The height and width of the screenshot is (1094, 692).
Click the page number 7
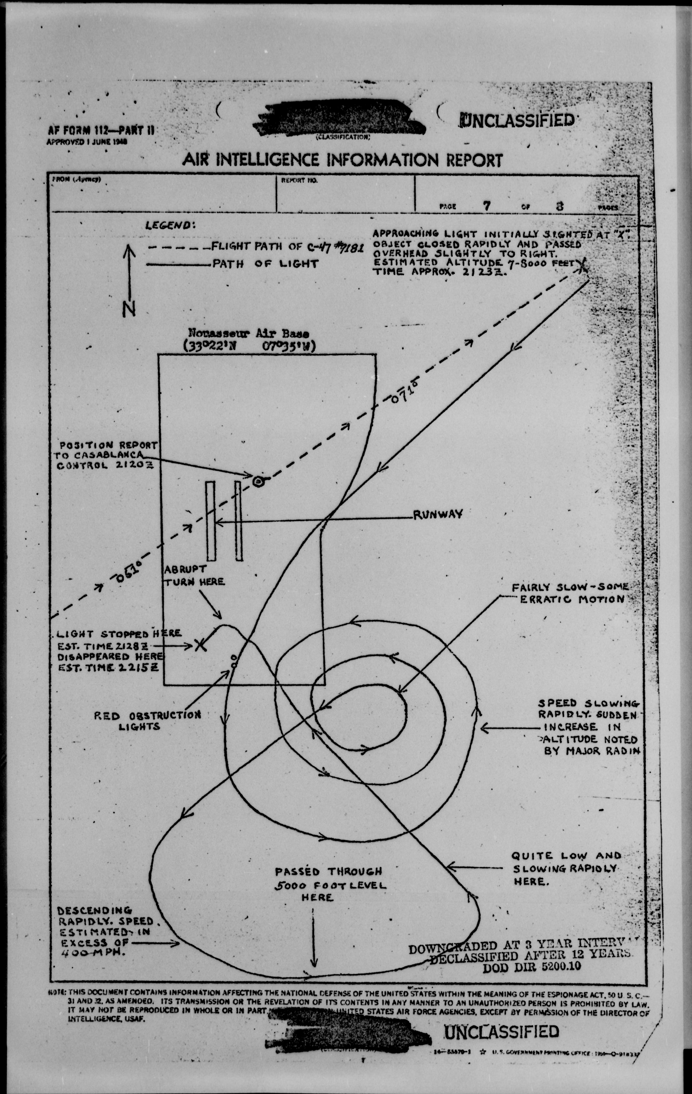pos(487,206)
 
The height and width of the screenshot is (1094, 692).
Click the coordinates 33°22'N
pos(212,346)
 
